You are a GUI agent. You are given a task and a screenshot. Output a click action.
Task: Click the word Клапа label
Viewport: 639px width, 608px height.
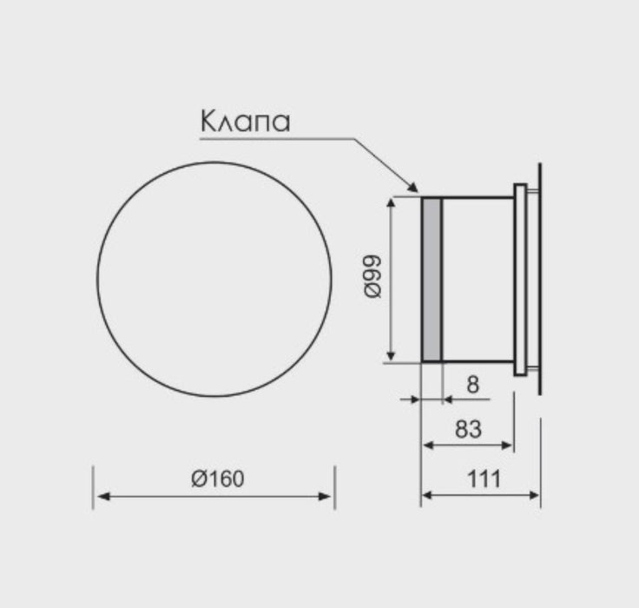(x=246, y=121)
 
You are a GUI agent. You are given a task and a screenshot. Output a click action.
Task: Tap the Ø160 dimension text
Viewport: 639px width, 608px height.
(x=218, y=479)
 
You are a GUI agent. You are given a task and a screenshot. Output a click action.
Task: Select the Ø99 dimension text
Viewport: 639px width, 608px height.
(x=372, y=277)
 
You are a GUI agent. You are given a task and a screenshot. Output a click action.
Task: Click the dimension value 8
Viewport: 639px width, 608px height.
(x=472, y=385)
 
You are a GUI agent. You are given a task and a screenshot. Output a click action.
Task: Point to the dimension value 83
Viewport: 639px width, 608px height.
(x=468, y=429)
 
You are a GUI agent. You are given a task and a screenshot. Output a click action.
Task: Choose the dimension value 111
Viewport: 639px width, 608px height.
(x=484, y=479)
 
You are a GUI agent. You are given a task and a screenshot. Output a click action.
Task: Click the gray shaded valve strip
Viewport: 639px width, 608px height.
(x=431, y=280)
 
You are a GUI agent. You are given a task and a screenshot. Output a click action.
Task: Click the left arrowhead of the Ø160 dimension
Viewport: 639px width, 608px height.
(x=103, y=496)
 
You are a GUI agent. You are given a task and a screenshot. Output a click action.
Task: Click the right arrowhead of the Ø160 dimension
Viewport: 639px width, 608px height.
(x=325, y=496)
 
